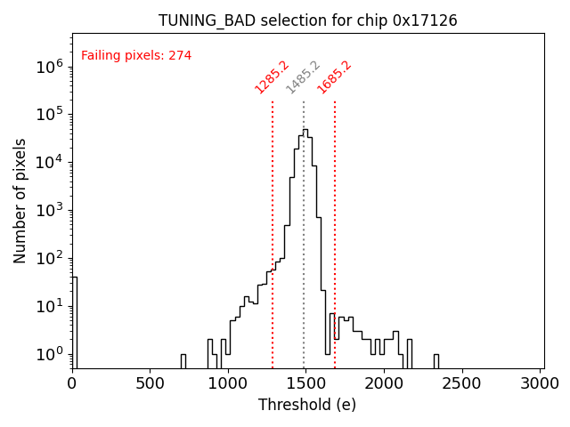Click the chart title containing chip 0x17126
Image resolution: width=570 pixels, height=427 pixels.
coord(308,20)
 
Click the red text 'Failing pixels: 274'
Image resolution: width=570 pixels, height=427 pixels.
coord(136,56)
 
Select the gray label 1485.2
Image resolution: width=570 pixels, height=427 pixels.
coord(303,77)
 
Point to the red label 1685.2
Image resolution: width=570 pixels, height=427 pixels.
coord(335,77)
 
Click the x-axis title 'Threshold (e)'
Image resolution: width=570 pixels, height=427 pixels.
coord(307,405)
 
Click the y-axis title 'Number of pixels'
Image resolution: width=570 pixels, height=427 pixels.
coord(20,200)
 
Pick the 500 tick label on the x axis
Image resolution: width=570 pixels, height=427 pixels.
coord(150,383)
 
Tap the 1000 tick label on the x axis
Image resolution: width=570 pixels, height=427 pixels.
coord(228,383)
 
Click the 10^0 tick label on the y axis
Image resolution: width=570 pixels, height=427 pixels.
coord(49,354)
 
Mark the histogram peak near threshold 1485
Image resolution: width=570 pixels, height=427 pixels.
coord(305,130)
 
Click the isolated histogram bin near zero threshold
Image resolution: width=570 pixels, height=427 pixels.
coord(74,320)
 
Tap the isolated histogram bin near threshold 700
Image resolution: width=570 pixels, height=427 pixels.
coord(183,359)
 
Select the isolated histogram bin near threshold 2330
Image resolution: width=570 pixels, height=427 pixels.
coord(436,359)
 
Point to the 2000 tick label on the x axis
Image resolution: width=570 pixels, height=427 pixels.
coord(385,383)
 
